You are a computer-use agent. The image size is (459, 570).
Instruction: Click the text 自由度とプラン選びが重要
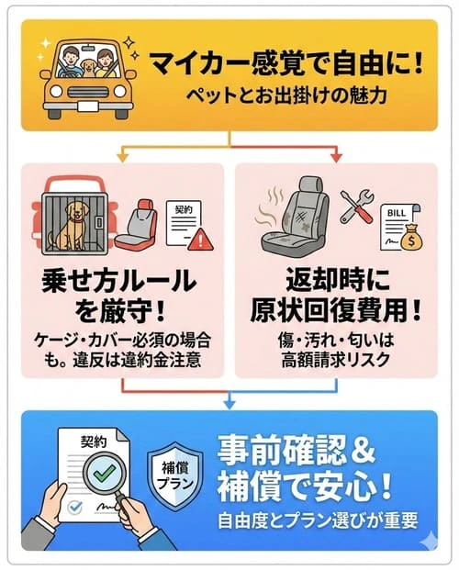(317, 521)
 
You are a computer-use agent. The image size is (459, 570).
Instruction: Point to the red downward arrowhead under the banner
(335, 158)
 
